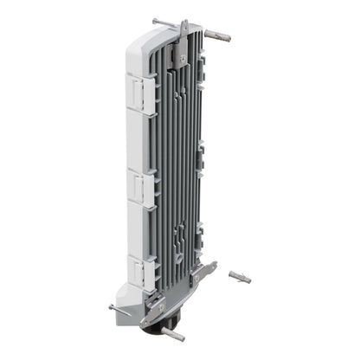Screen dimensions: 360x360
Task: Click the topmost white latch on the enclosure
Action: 144,89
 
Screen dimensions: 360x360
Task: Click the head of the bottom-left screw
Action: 112,305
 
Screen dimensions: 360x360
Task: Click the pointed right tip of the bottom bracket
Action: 215,270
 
